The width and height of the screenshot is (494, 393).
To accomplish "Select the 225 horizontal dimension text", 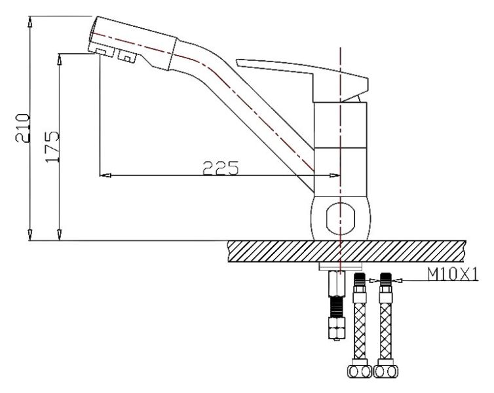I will (x=219, y=168).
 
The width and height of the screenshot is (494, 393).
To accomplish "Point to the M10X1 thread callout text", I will (x=453, y=274).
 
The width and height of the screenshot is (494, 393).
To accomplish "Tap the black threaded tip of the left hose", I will (x=359, y=278).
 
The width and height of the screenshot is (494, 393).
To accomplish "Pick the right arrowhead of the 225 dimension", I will (x=335, y=175).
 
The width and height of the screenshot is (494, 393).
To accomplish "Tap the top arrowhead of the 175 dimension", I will (x=61, y=57).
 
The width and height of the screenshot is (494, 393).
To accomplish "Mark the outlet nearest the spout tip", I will (x=100, y=51).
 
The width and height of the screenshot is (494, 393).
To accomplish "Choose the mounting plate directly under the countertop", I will (x=340, y=266).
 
